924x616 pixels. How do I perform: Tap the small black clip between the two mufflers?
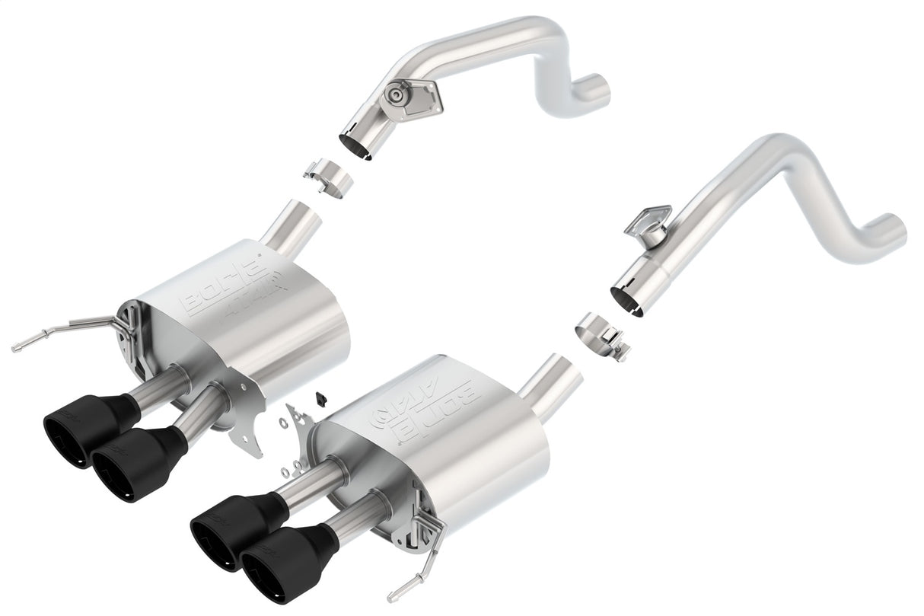click(320, 398)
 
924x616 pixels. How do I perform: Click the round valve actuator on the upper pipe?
click(394, 94)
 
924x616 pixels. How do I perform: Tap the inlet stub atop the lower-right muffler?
click(552, 378)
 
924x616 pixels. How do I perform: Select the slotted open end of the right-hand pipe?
click(630, 297)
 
